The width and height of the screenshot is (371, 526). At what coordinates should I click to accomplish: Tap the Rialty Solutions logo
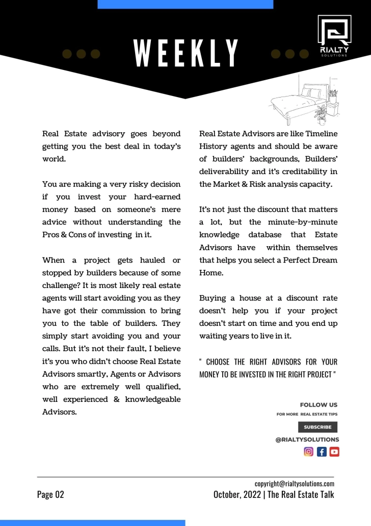[334, 36]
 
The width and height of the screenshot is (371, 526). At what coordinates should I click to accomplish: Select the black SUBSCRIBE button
[317, 427]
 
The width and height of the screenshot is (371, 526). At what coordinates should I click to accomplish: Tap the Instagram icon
[309, 451]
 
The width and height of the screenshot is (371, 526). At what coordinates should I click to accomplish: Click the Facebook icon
[322, 451]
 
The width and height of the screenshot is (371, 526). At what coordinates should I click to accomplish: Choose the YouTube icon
[334, 451]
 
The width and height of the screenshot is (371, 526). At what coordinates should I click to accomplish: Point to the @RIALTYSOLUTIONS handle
[307, 439]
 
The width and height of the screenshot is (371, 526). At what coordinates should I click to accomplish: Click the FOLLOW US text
[319, 405]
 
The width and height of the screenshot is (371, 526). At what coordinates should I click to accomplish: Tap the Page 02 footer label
[50, 494]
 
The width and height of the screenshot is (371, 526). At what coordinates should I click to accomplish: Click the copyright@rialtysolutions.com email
[294, 483]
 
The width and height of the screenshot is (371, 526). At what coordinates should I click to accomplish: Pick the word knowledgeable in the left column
[149, 399]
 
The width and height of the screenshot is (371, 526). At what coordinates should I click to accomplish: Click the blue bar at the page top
[185, 4]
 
